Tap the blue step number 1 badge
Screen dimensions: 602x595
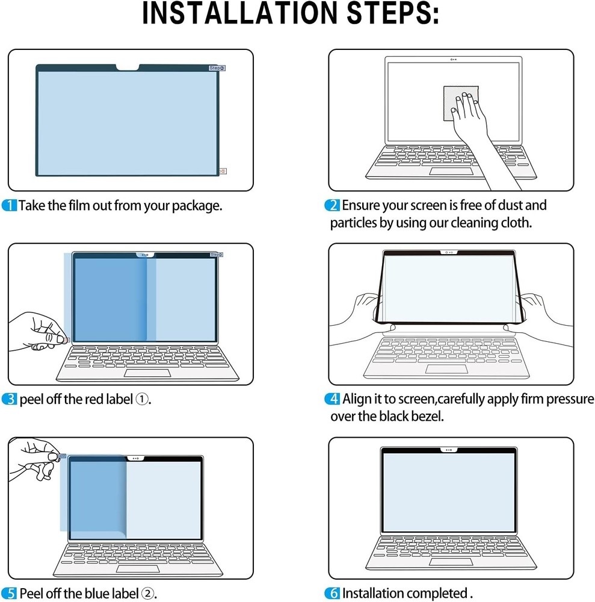click(10, 206)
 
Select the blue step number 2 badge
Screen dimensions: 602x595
click(333, 206)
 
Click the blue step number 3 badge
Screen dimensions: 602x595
click(10, 399)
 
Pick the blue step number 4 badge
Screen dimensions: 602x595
click(333, 399)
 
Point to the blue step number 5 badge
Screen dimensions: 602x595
click(10, 594)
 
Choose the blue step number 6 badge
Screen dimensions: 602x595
click(333, 594)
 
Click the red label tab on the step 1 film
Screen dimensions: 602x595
click(223, 171)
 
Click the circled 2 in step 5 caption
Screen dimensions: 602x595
click(147, 594)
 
